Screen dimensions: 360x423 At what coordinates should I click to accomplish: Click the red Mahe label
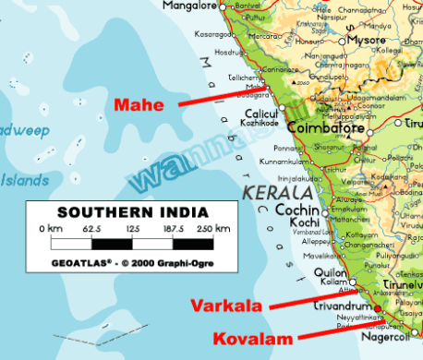(139, 104)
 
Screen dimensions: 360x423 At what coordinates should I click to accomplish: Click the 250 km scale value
(217, 227)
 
